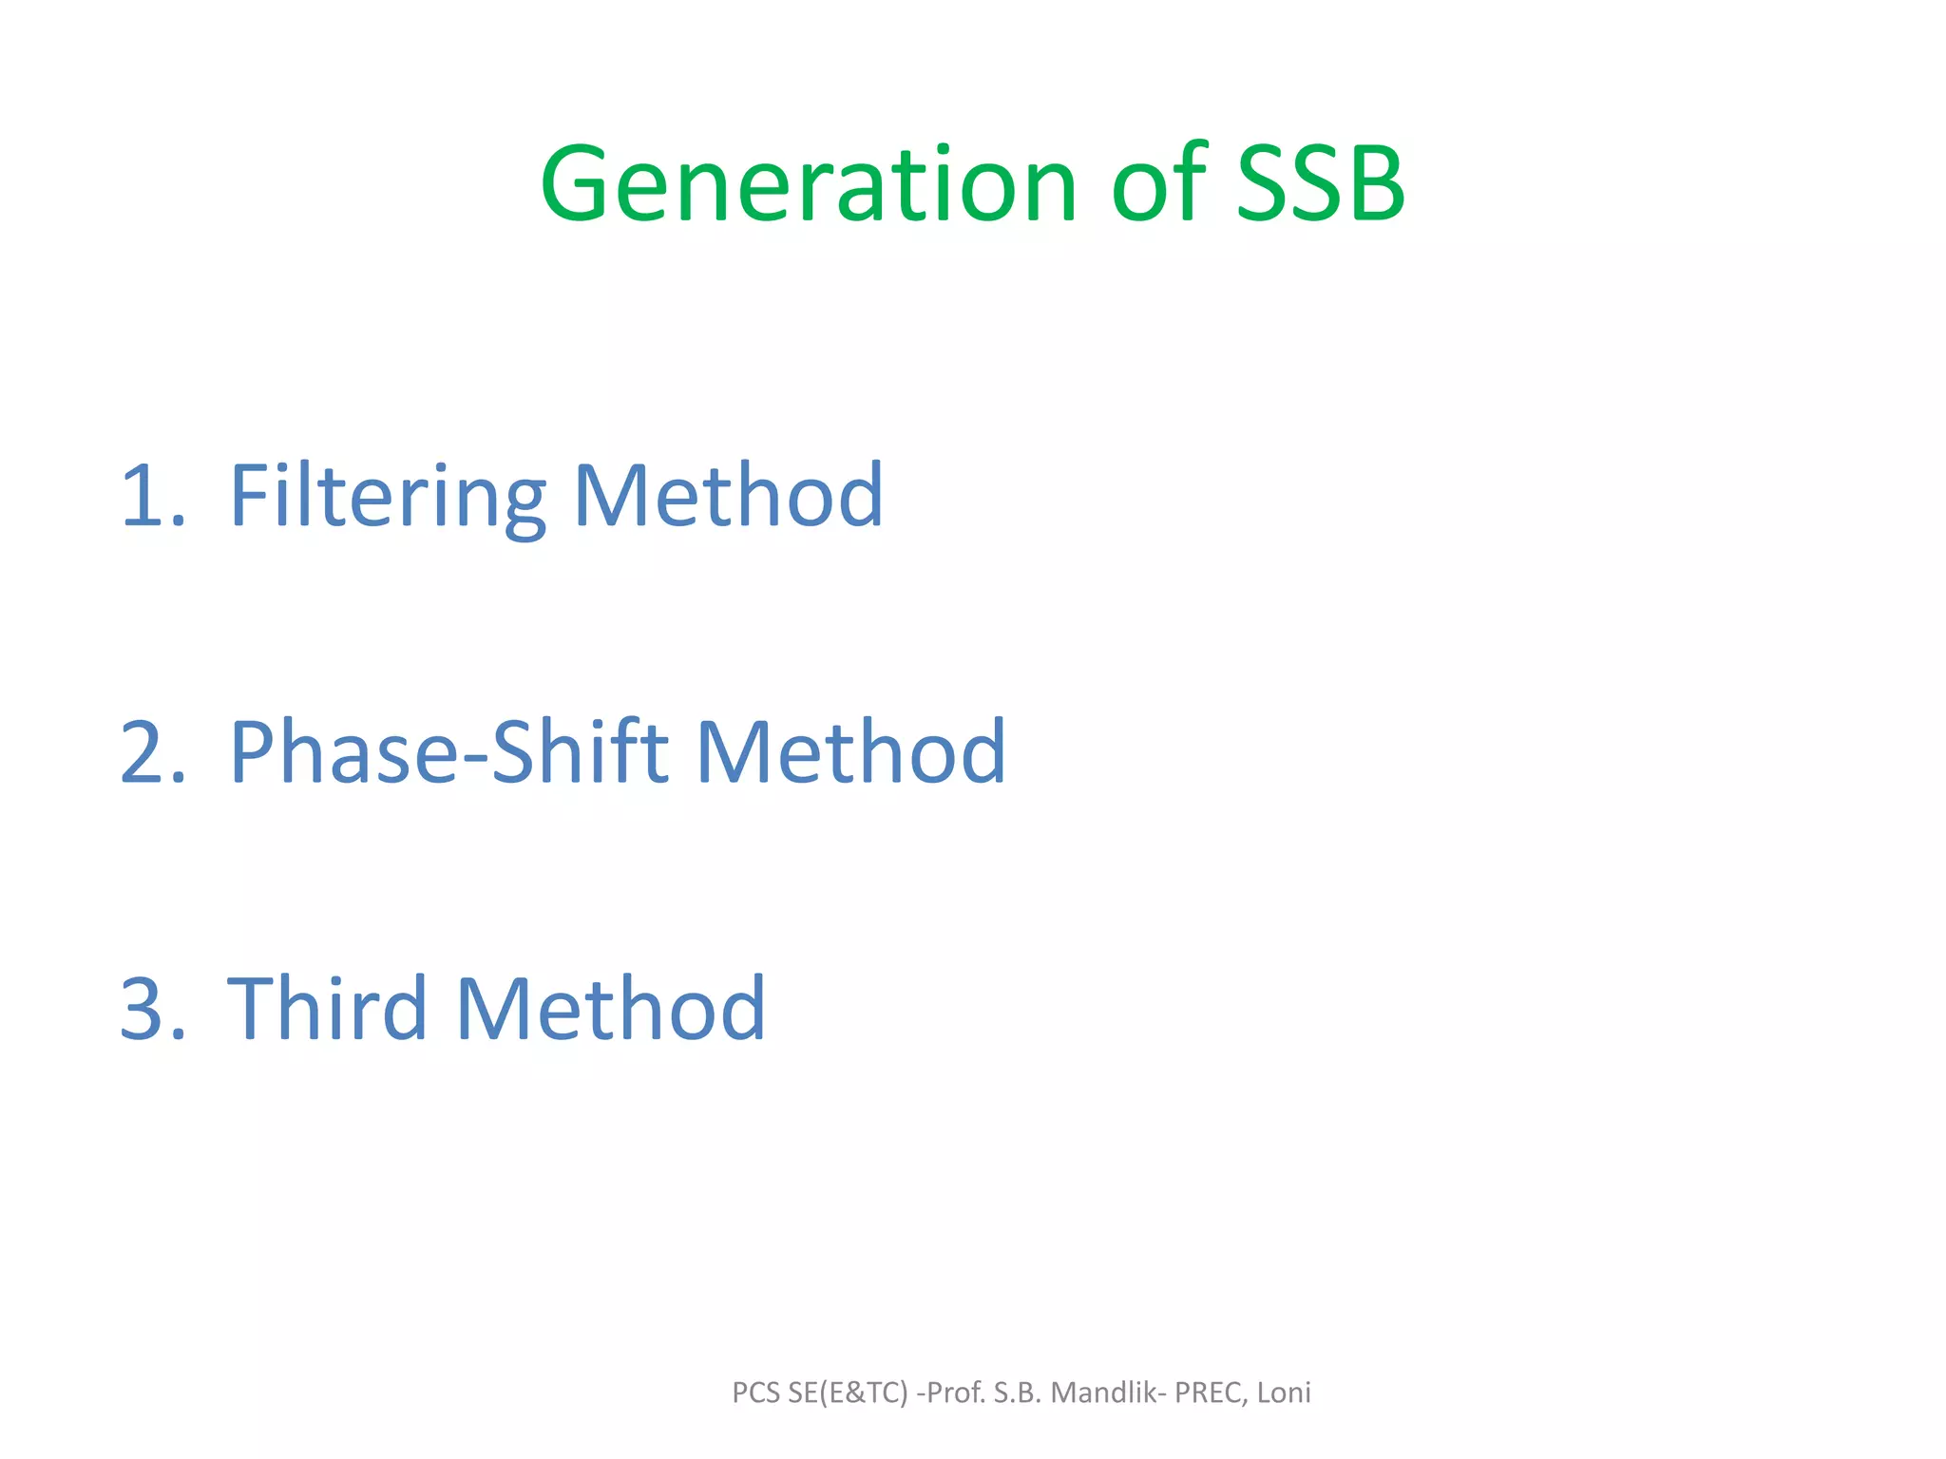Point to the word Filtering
pos(388,496)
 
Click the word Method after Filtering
pos(728,496)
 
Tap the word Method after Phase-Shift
pos(850,752)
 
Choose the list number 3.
pos(152,1009)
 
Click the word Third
pos(327,1009)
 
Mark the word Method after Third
pos(610,1009)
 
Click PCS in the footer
pos(756,1393)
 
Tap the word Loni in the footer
pos(1284,1393)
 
